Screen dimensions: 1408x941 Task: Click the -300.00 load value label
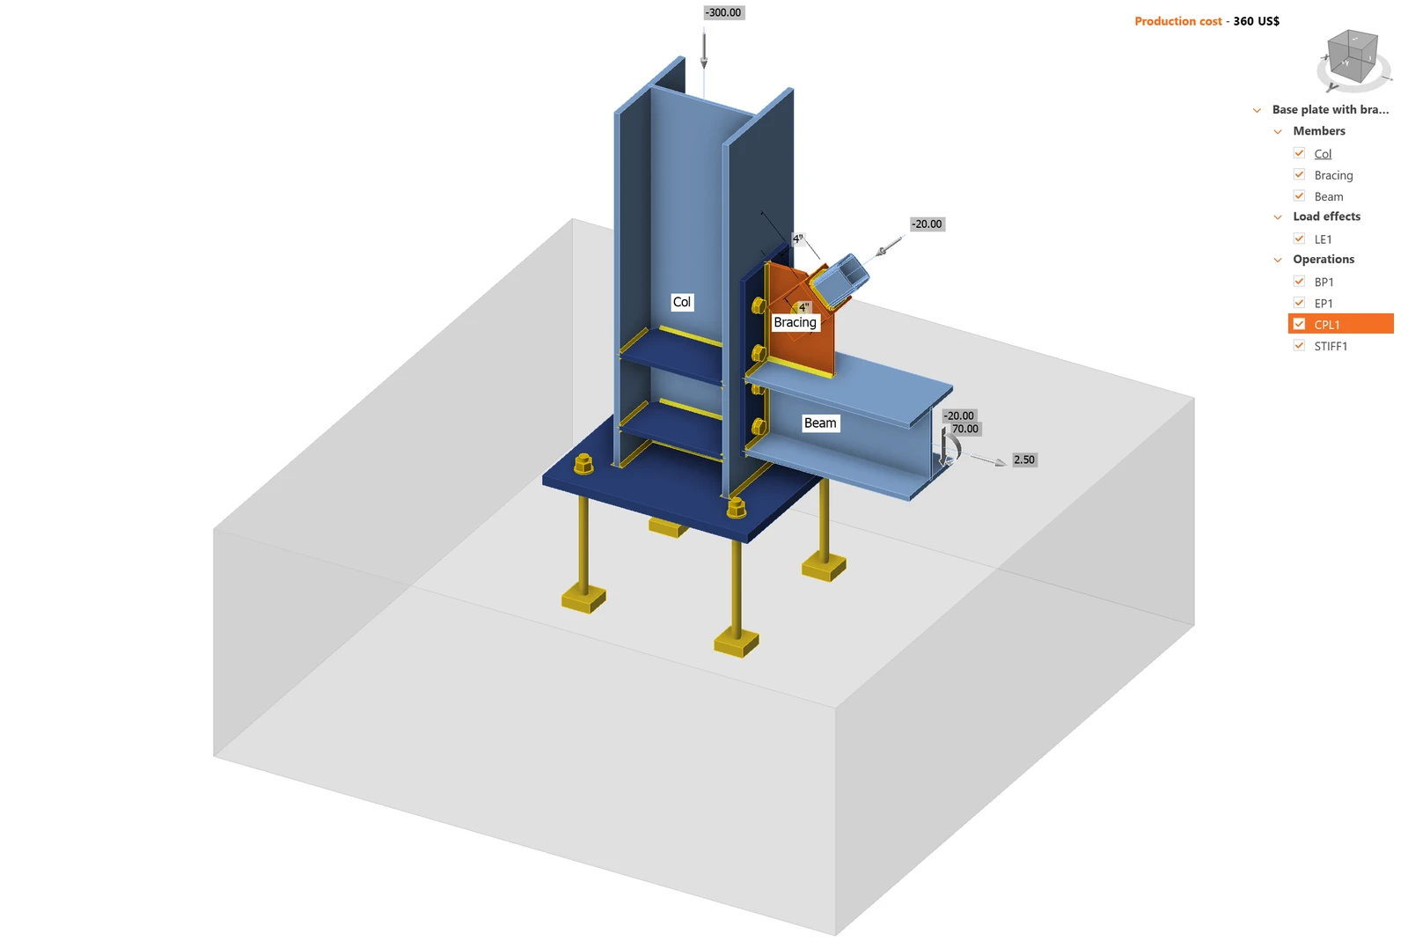point(722,12)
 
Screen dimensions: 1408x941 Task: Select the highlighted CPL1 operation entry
point(1340,324)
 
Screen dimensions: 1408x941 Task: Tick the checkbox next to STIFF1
point(1299,346)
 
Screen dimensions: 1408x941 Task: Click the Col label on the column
point(682,302)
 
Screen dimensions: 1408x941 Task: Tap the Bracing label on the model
point(796,322)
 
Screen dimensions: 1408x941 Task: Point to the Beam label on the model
point(820,423)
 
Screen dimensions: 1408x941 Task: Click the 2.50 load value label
point(1024,459)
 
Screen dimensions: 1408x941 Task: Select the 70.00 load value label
point(964,429)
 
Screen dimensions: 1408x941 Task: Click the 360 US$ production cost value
point(1256,21)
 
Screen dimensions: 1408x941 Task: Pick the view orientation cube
point(1352,58)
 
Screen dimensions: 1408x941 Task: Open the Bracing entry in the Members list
point(1333,175)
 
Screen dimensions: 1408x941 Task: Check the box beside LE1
point(1299,239)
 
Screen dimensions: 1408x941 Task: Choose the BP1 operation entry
point(1324,283)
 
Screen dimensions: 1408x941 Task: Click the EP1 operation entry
point(1324,304)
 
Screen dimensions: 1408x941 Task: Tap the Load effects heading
point(1326,217)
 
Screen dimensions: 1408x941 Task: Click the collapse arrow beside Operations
point(1278,260)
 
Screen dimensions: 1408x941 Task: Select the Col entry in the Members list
point(1323,154)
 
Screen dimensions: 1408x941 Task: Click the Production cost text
point(1178,21)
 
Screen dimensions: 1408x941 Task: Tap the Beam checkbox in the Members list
point(1299,196)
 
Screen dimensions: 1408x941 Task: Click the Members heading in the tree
point(1319,131)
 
